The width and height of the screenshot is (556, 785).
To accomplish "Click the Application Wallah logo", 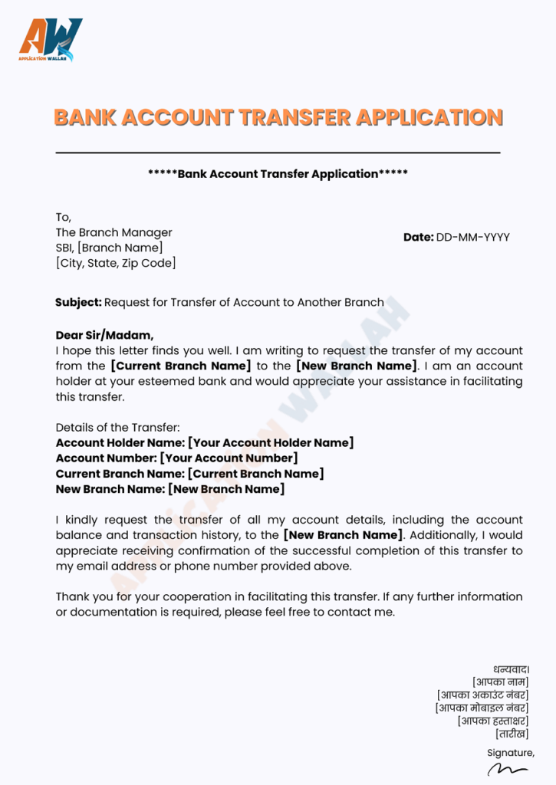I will pos(51,41).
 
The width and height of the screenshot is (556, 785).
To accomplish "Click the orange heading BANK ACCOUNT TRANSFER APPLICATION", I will pos(278,117).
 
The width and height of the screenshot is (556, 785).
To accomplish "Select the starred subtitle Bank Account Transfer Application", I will pos(278,174).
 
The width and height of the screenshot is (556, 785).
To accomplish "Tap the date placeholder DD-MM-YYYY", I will pos(472,238).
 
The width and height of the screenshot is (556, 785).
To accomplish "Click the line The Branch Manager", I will pos(114,232).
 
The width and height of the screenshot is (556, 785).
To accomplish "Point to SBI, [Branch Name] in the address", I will pos(109,248).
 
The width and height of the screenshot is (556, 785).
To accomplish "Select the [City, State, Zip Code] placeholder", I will pos(116,263).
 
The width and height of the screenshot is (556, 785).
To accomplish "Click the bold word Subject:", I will pos(78,302).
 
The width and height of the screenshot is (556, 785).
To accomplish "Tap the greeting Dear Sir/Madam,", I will pos(104,335).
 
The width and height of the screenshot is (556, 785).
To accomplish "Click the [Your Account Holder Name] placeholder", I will pos(271,442).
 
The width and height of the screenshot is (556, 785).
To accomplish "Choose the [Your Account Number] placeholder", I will pos(228,458).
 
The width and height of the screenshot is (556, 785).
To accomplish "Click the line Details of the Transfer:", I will pos(117,427).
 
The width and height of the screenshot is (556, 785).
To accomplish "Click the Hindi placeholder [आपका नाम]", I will pos(500,682).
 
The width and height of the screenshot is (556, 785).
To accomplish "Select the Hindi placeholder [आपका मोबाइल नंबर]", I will pos(482,708).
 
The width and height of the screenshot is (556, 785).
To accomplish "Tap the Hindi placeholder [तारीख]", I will pos(512,734).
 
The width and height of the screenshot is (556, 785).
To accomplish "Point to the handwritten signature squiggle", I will pos(507,769).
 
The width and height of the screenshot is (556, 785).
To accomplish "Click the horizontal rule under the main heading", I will pos(278,153).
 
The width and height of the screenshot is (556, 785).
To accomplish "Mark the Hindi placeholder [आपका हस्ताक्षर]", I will pos(492,721).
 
